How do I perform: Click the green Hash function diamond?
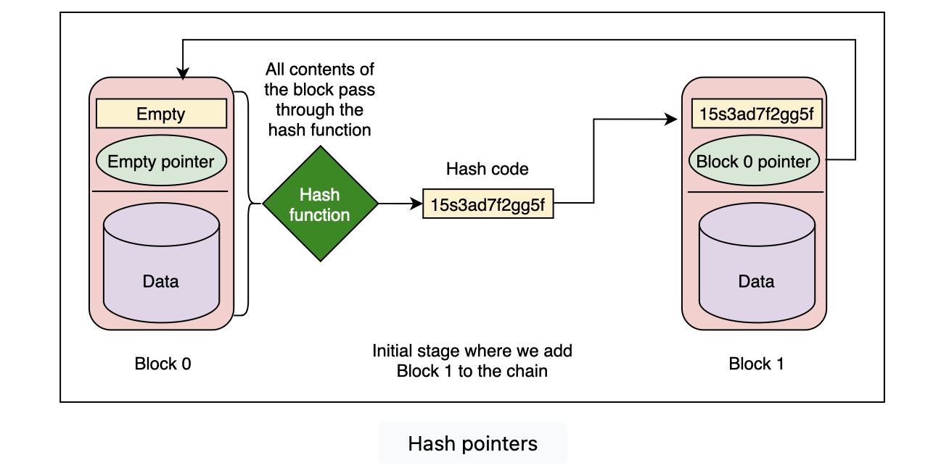(x=320, y=204)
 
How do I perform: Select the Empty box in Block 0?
(x=161, y=114)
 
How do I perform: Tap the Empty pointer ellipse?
(x=161, y=161)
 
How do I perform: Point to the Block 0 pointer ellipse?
(x=753, y=161)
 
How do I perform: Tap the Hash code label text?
(x=487, y=170)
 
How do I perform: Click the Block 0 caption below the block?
(x=163, y=364)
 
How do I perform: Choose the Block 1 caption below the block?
(x=756, y=364)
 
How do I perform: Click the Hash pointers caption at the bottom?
(x=473, y=443)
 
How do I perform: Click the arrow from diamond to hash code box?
(x=400, y=204)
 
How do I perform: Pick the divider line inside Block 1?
(x=755, y=192)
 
